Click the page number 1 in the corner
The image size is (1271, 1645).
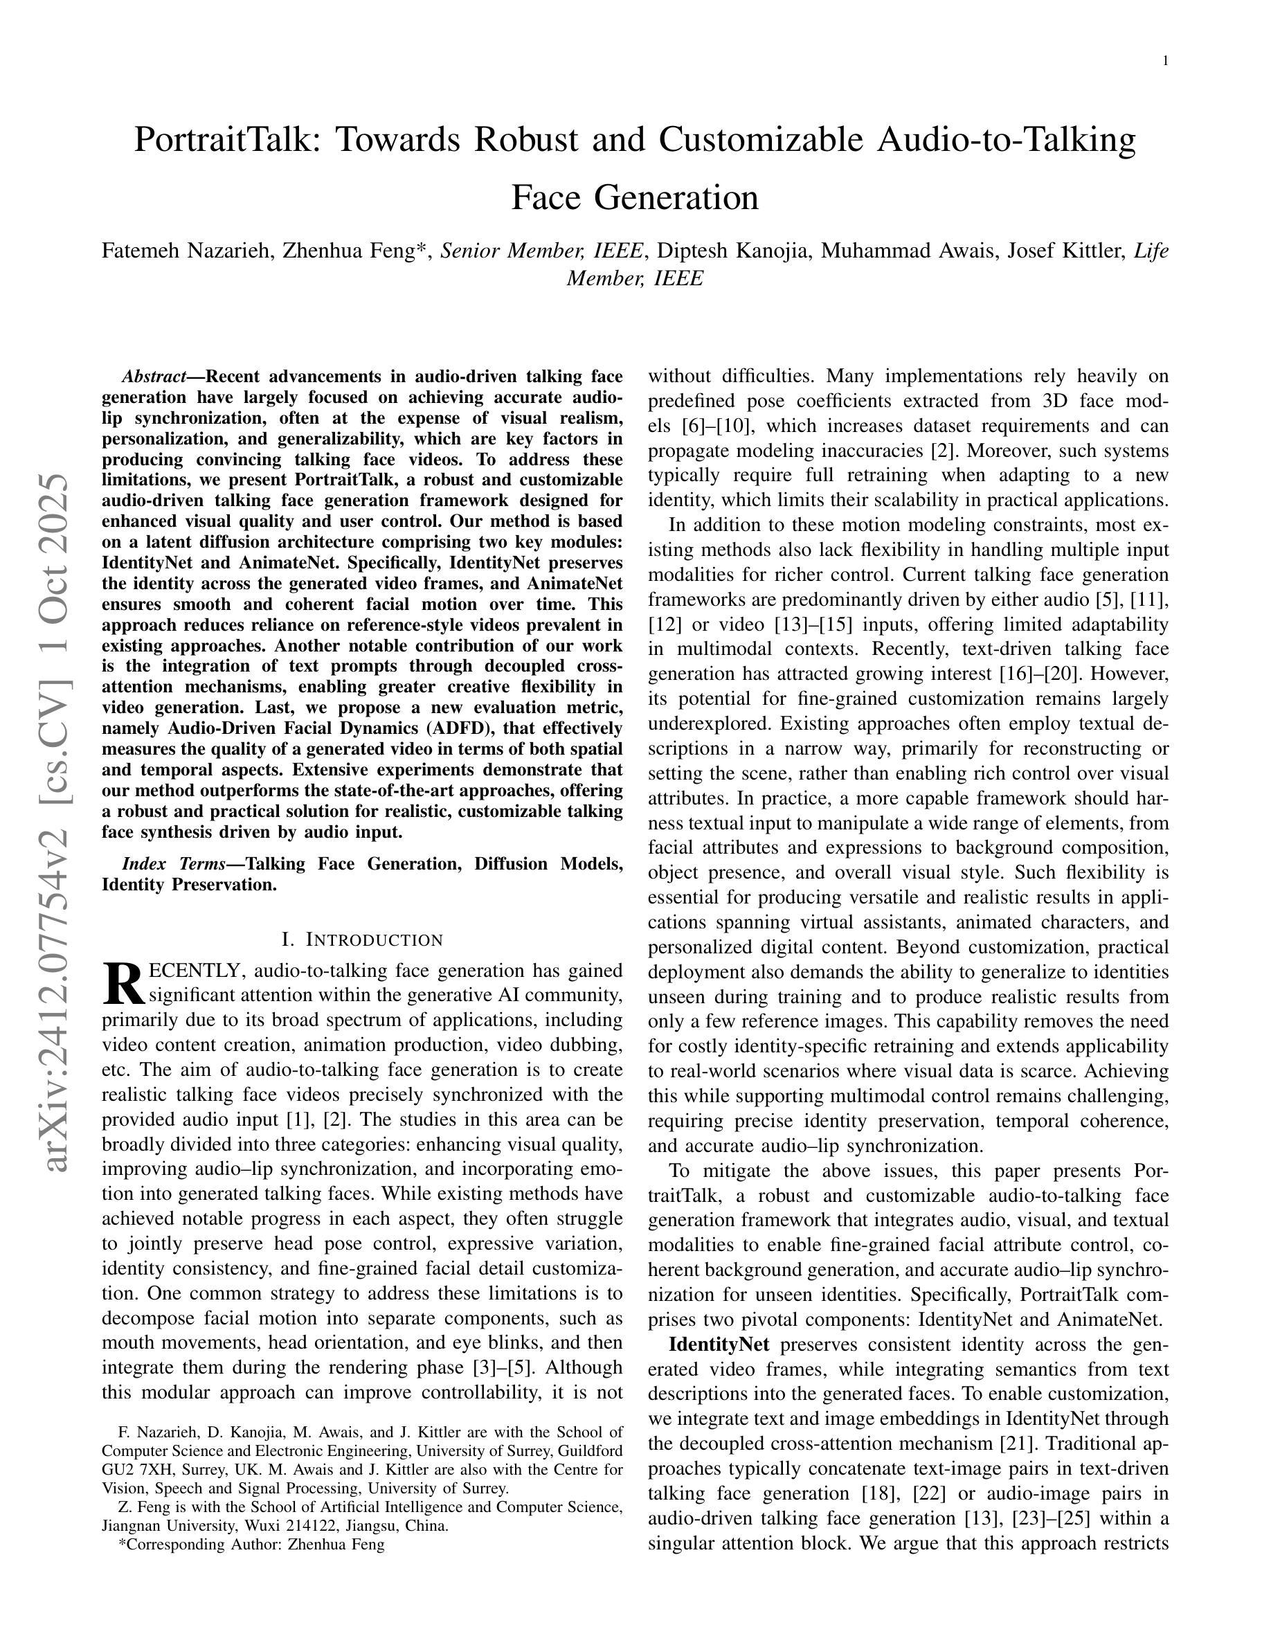(x=1166, y=61)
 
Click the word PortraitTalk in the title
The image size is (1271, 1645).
(x=222, y=140)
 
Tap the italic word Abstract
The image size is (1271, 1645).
(x=154, y=377)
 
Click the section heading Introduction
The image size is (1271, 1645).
(x=361, y=940)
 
